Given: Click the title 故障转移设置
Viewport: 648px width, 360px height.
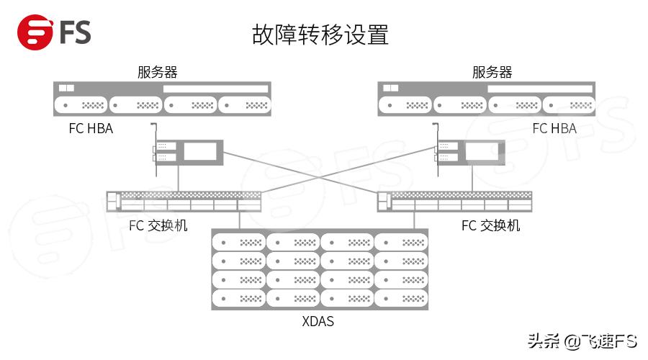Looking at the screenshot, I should point(320,35).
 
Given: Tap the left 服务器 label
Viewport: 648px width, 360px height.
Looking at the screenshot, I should point(157,73).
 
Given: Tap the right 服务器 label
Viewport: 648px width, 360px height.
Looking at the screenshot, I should point(492,73).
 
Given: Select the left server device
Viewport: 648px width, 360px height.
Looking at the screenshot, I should point(163,99).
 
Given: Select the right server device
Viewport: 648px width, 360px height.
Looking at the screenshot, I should point(487,99).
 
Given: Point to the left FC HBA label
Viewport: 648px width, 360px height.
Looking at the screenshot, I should point(91,129).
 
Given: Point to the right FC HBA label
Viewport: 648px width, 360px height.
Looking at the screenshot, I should point(554,129).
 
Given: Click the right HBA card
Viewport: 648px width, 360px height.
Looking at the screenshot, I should point(470,152).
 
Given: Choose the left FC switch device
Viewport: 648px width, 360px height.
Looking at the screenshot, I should point(183,201).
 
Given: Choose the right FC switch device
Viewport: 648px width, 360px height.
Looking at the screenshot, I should point(455,201).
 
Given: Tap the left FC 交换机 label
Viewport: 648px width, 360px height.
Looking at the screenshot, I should point(158,225).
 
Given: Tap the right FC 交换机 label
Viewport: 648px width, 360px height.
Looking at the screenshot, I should point(490,225).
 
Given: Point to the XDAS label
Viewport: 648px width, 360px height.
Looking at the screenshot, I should point(318,321).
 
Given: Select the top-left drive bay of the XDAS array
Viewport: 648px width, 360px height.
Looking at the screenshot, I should point(239,242).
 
